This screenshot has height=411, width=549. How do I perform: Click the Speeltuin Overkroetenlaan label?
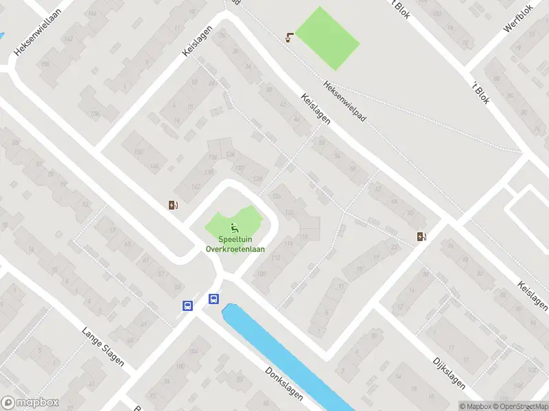[235, 245]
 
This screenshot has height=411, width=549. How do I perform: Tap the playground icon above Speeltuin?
[235, 229]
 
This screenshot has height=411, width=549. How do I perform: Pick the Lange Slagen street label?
[103, 346]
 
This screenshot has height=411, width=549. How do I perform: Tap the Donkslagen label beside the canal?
[283, 382]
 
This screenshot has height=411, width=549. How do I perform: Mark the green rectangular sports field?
[327, 38]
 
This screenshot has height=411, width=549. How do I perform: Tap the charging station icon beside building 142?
[174, 204]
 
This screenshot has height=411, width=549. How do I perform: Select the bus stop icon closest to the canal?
[213, 299]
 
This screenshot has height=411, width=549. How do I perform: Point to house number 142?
[196, 187]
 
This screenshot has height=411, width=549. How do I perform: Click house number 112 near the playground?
[277, 258]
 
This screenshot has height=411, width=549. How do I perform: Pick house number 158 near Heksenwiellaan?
[46, 64]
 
